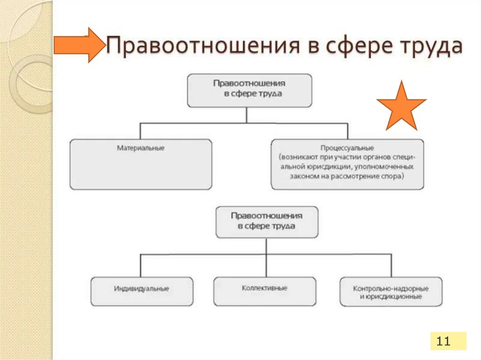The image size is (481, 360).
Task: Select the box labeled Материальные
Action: tap(140, 164)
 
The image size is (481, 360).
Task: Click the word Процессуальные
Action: tap(347, 148)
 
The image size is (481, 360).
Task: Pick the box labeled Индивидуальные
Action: tap(141, 291)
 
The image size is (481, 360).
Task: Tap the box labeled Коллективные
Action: tap(264, 291)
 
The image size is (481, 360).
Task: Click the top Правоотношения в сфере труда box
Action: tap(249, 90)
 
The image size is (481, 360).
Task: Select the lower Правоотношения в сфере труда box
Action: tap(266, 222)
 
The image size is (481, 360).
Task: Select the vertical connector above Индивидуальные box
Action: tap(140, 266)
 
